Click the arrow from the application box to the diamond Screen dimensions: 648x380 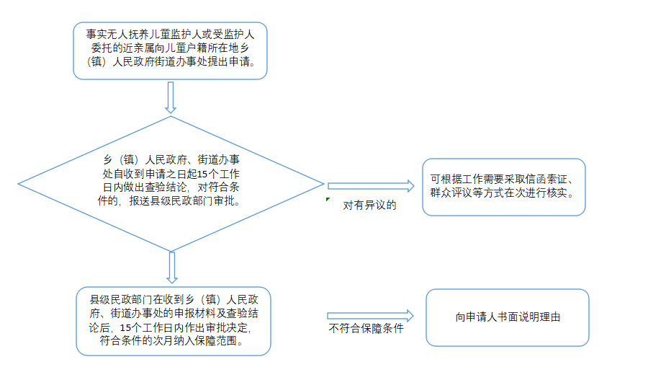click(x=170, y=97)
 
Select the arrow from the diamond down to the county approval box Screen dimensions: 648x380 click(x=172, y=268)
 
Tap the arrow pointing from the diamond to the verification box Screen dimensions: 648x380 click(x=371, y=186)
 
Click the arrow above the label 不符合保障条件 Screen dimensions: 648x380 click(x=370, y=316)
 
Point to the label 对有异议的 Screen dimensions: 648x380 click(x=369, y=205)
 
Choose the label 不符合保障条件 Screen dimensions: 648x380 click(x=366, y=328)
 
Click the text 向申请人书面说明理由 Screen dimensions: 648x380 click(x=508, y=317)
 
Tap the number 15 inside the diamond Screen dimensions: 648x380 click(x=202, y=174)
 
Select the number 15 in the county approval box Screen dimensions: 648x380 click(x=125, y=328)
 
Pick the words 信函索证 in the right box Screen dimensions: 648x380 click(x=546, y=180)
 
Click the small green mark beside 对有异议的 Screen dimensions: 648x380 click(x=328, y=200)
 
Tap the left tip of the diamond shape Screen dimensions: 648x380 click(x=18, y=184)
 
